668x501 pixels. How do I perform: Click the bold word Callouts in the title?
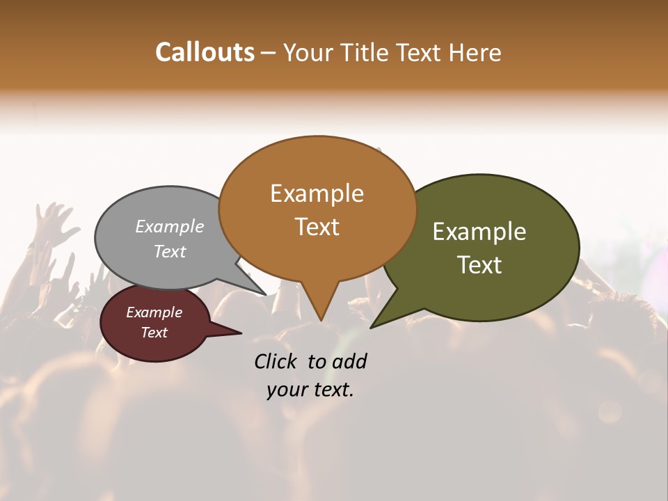(x=205, y=52)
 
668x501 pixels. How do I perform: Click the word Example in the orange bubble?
(x=317, y=193)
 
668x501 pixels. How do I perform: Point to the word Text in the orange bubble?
(x=317, y=227)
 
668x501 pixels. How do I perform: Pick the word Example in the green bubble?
(x=479, y=232)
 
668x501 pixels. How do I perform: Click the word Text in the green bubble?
(x=479, y=265)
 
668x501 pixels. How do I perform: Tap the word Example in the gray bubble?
(x=170, y=226)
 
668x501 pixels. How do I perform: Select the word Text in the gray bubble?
(x=170, y=251)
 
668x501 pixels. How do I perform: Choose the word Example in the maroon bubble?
(x=154, y=312)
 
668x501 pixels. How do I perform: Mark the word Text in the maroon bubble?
(x=154, y=333)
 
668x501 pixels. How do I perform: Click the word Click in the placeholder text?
(x=277, y=361)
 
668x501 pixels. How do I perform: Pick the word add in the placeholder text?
(x=349, y=361)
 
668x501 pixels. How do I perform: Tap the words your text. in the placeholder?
(x=310, y=390)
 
